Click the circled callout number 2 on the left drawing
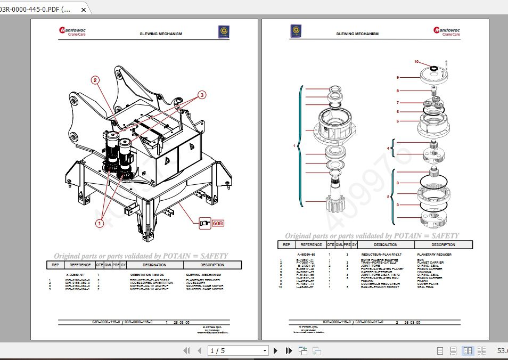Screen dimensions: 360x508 coord(95,80)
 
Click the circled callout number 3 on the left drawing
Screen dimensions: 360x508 coord(202,95)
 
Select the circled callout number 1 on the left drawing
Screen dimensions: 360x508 coord(99,223)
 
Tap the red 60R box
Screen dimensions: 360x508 coord(218,223)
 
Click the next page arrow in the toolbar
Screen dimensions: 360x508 coord(275,350)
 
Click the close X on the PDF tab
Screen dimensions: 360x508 coord(83,10)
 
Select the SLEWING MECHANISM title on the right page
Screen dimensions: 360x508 coord(357,34)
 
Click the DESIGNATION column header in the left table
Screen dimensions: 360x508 coord(154,265)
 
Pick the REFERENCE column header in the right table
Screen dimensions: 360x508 coord(312,245)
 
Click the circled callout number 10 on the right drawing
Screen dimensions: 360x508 coord(417,62)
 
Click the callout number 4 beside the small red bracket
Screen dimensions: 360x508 coord(388,148)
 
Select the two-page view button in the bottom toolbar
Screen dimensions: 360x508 coord(468,350)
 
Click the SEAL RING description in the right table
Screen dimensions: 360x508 coord(427,287)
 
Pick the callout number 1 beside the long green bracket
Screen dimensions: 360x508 coord(294,145)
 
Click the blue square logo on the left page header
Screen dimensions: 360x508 coord(224,32)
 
